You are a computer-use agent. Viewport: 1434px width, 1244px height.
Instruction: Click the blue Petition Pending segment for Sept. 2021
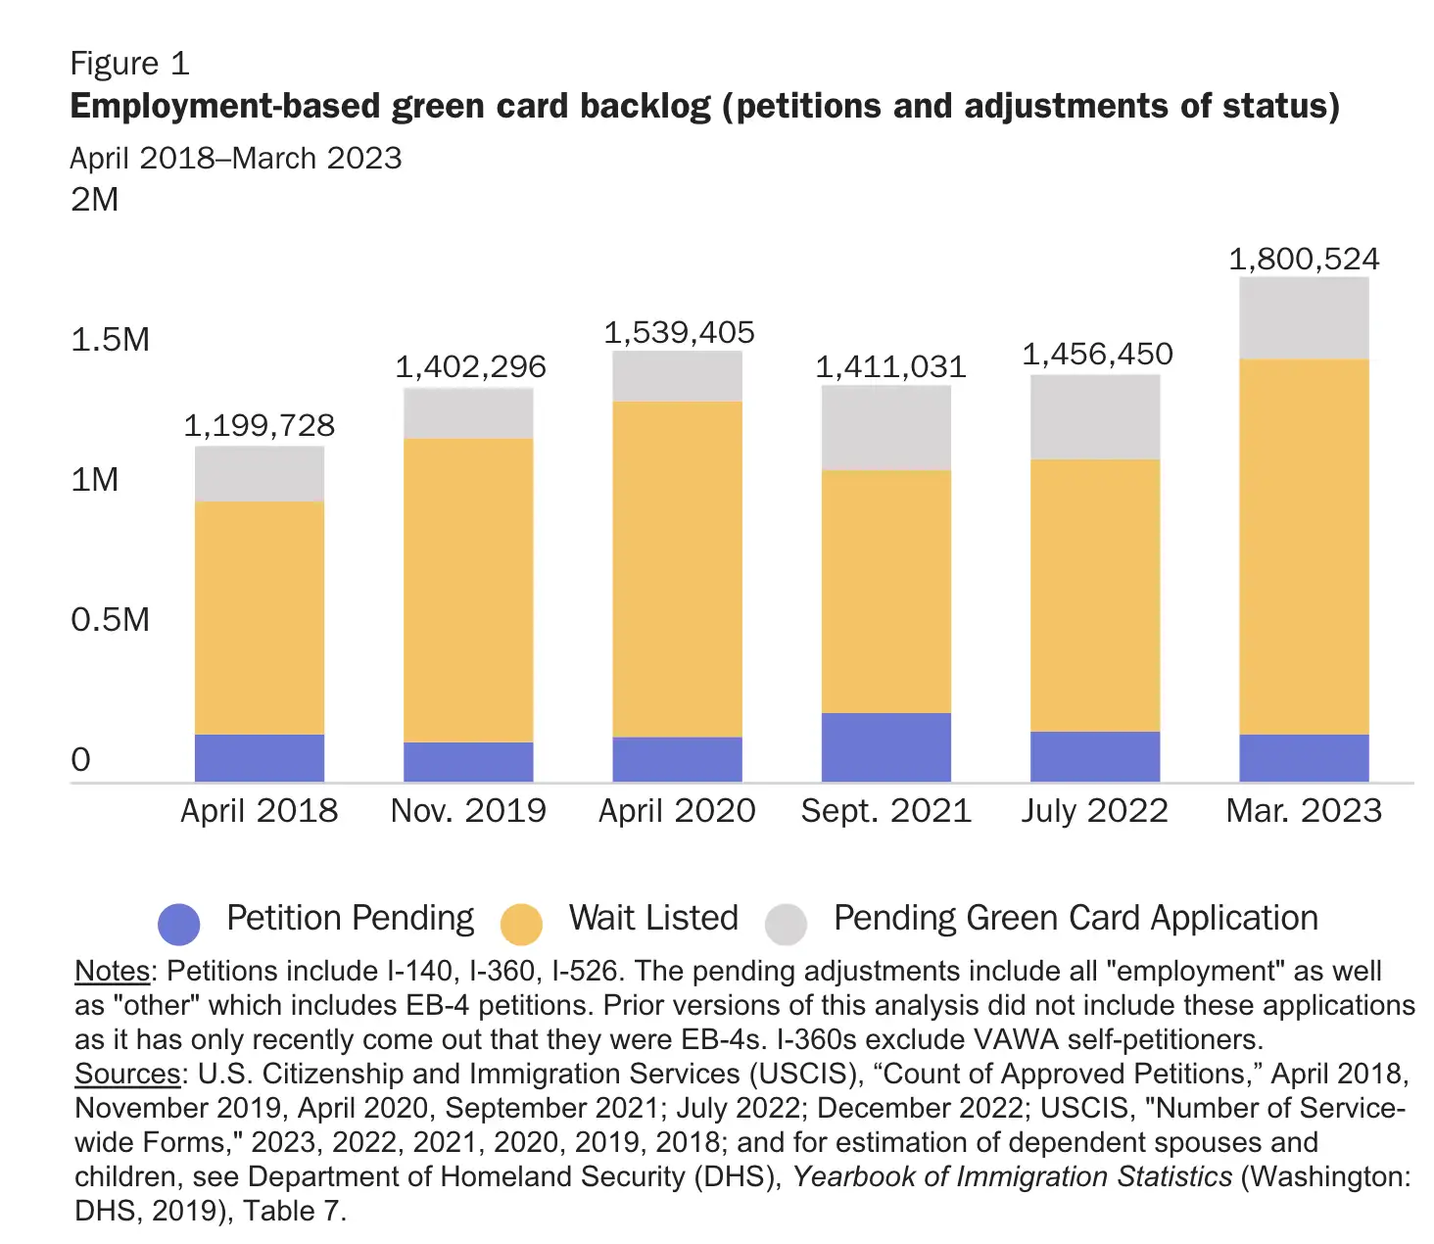(885, 746)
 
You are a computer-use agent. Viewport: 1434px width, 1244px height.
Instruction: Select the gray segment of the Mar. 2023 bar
(1303, 318)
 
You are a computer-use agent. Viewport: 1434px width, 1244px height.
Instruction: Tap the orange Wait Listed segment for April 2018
(260, 617)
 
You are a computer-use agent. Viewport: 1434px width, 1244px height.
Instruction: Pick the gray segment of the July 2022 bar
(1094, 417)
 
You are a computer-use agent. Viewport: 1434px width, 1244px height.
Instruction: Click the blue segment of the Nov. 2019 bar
(468, 761)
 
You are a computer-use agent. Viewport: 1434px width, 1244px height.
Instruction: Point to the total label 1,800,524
(1303, 259)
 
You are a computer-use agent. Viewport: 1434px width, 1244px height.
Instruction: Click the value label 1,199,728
(260, 425)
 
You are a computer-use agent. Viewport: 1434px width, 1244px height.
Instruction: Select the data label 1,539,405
(679, 333)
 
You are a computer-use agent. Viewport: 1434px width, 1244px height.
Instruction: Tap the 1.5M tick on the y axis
(110, 340)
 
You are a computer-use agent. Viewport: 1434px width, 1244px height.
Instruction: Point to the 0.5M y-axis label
(110, 619)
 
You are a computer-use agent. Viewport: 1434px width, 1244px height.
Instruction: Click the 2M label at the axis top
(94, 200)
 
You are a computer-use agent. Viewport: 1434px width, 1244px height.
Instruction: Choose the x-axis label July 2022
(1094, 811)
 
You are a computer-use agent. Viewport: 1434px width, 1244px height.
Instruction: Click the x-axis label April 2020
(677, 811)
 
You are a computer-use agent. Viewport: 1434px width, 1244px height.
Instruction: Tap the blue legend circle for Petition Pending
(179, 923)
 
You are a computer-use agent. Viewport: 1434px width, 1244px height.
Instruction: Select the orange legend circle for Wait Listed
(521, 924)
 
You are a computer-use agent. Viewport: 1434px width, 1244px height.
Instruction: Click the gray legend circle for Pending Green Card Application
(786, 924)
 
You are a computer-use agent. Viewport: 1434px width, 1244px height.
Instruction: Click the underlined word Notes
(113, 971)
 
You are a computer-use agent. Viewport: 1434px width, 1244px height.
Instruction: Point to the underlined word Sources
(127, 1074)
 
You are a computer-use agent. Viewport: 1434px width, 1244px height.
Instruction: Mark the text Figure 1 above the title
(129, 64)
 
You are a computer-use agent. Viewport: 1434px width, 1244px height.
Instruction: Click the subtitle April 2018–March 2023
(236, 159)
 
